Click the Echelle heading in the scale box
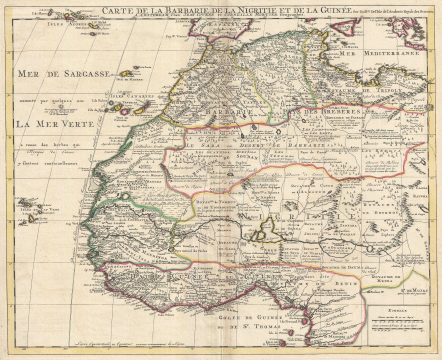(x=393, y=312)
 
